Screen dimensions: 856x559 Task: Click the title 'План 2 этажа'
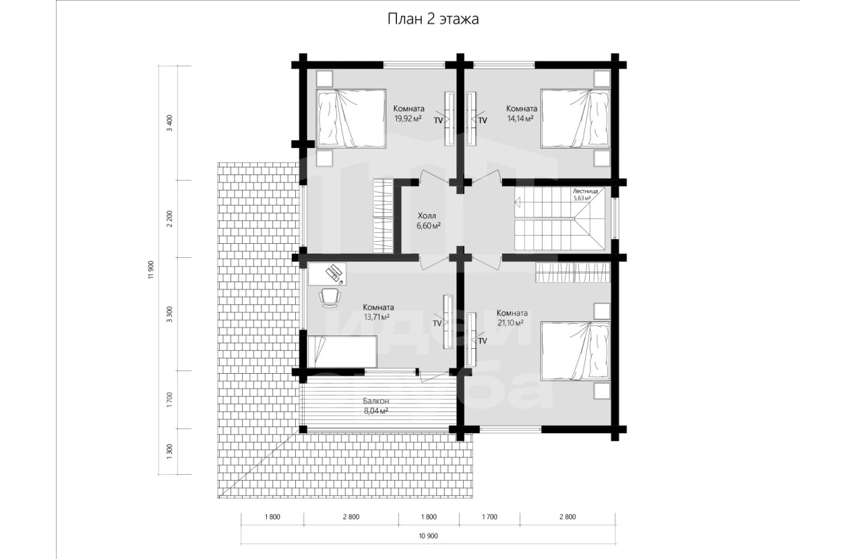[x=433, y=19]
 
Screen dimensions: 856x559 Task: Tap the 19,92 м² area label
[x=408, y=119]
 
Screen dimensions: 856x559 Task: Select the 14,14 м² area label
[x=520, y=119]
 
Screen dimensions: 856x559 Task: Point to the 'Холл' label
[x=427, y=216]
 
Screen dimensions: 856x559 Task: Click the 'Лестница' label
[x=585, y=191]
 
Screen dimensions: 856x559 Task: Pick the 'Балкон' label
[x=376, y=401]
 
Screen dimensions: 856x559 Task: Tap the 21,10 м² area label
[x=510, y=323]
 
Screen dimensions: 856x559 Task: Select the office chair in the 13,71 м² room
[x=330, y=298]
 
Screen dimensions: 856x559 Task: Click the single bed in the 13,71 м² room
[x=342, y=352]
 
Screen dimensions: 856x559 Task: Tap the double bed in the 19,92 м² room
[x=350, y=119]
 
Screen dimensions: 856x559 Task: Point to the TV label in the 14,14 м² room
[x=483, y=121]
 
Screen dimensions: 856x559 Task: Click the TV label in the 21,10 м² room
[x=483, y=341]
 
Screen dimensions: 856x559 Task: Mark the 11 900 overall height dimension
[x=150, y=270]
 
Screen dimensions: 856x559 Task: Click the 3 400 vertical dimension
[x=170, y=123]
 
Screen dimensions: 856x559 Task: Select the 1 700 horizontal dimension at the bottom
[x=489, y=517]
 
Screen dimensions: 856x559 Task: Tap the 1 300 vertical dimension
[x=170, y=452]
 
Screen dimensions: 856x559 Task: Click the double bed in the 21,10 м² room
[x=576, y=352]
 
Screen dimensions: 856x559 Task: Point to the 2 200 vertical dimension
[x=170, y=219]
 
